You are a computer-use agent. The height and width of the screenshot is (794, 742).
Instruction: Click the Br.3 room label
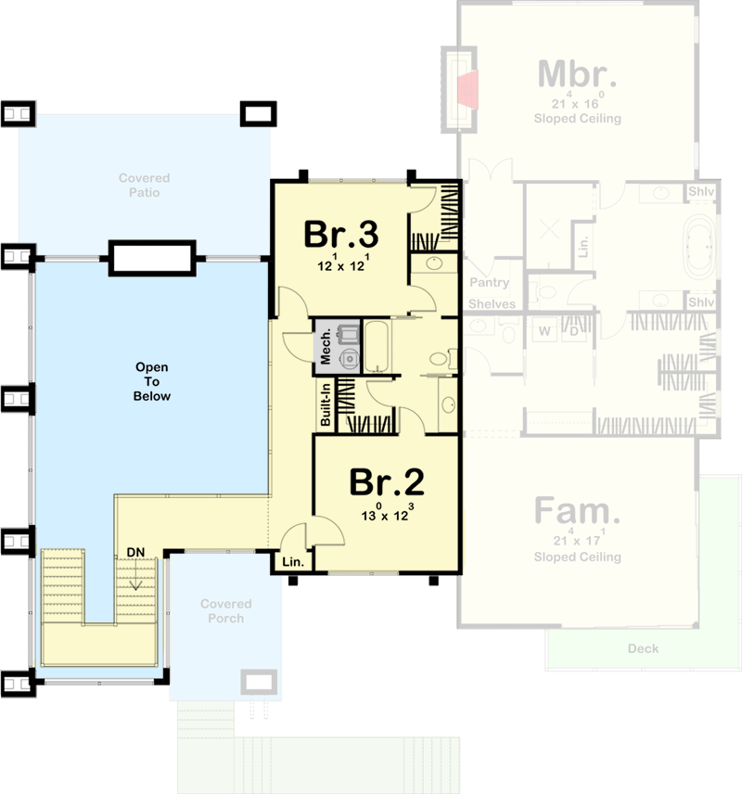[x=341, y=234]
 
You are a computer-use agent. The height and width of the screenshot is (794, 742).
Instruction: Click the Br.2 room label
[x=387, y=481]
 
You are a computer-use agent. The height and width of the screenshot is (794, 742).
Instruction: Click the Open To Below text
[x=151, y=381]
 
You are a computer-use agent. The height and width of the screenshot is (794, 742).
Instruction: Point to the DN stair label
[x=135, y=552]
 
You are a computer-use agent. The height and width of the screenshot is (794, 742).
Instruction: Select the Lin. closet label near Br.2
[x=293, y=561]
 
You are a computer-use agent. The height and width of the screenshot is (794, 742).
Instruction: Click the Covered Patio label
[x=144, y=186]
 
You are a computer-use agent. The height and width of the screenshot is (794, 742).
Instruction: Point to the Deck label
[x=642, y=648]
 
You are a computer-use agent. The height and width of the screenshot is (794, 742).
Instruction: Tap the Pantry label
[x=489, y=282]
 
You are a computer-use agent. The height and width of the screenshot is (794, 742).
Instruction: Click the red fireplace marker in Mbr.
[x=467, y=89]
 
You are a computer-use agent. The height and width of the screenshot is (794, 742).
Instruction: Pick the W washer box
[x=545, y=330]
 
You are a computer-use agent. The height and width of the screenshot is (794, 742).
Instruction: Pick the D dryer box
[x=573, y=330]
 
